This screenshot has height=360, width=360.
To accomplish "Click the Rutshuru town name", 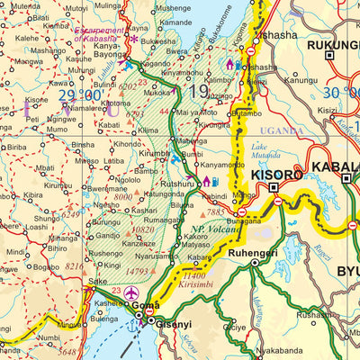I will (176, 184).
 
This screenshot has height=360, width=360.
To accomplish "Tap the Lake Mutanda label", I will (265, 150).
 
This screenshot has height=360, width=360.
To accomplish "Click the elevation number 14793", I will (137, 271).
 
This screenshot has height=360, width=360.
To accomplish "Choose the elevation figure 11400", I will (194, 274).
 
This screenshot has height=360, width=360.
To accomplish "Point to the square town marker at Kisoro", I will (273, 187).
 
